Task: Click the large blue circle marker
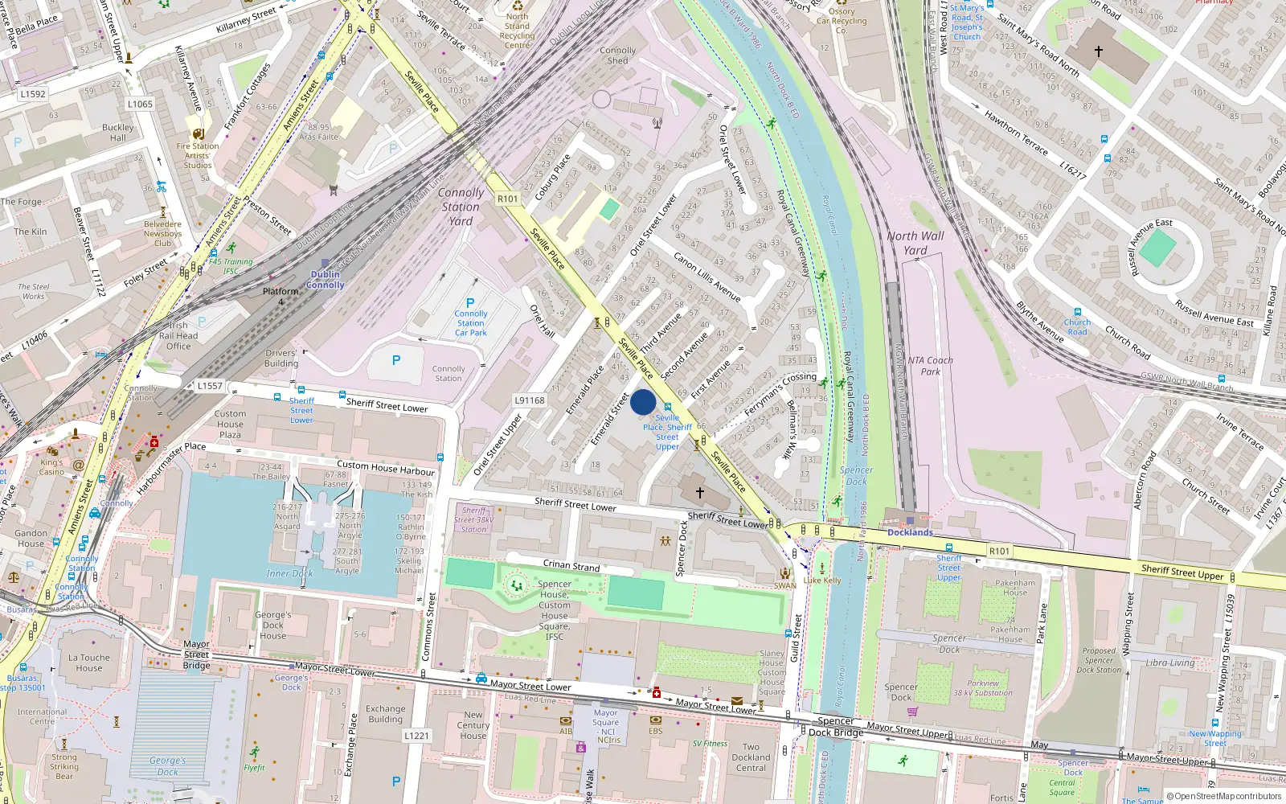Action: (643, 402)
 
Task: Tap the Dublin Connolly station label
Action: (325, 279)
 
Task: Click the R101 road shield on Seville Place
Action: (508, 199)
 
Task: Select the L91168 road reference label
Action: (530, 400)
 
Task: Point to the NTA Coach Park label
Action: (930, 366)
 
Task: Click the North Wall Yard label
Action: (915, 243)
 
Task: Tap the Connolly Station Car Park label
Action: (471, 323)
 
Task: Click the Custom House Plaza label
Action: (230, 424)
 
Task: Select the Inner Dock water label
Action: (289, 573)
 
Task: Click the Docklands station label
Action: (910, 532)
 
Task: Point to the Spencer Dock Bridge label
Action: (836, 727)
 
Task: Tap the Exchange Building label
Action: (386, 714)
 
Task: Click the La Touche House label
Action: (89, 662)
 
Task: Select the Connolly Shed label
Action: (617, 55)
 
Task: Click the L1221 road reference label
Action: (416, 736)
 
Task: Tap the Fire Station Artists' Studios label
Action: (198, 156)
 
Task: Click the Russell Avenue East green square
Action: (1157, 248)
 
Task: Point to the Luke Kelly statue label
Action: (822, 580)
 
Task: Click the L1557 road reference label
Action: (210, 386)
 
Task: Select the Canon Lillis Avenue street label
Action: (707, 277)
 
